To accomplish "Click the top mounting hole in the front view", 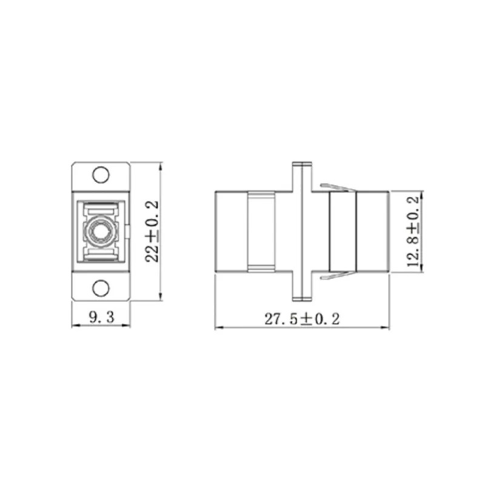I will [x=101, y=175].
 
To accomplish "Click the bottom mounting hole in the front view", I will [x=101, y=287].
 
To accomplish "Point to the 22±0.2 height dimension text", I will [x=153, y=231].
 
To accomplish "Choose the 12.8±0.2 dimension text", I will [x=414, y=231].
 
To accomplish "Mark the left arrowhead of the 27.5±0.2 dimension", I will [x=218, y=328].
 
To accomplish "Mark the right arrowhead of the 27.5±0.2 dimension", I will [x=387, y=328].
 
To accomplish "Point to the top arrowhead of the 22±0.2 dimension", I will [x=160, y=165].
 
